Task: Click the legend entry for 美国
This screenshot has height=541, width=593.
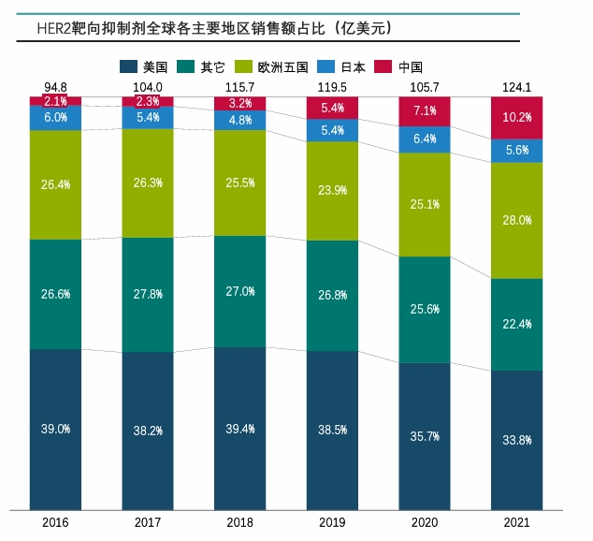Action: click(x=144, y=66)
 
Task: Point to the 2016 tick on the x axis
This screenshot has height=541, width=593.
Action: click(x=56, y=522)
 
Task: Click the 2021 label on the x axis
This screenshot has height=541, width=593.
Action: click(x=517, y=522)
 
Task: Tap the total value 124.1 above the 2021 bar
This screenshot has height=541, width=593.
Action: click(x=517, y=88)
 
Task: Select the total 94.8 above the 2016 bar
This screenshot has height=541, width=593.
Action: click(x=56, y=88)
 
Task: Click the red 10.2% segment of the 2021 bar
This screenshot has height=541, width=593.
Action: click(x=517, y=117)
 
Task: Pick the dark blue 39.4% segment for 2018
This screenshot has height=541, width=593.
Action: click(x=240, y=429)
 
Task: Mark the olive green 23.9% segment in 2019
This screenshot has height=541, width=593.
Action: click(x=333, y=190)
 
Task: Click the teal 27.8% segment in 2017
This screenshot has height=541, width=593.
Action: click(x=148, y=294)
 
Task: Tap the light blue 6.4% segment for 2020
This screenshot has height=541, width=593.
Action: click(x=425, y=139)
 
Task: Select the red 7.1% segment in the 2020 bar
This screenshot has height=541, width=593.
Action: click(x=425, y=110)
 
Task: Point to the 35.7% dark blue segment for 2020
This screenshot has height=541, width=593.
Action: click(x=425, y=436)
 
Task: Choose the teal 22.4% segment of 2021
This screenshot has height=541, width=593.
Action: click(x=517, y=324)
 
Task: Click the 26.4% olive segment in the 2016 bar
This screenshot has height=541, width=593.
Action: click(x=56, y=184)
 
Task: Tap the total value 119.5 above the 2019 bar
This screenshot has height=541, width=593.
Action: click(x=333, y=88)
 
